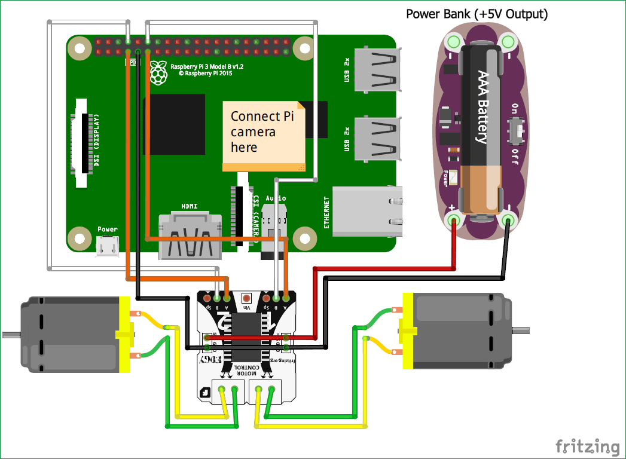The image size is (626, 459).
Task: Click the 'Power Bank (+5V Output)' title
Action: point(477,14)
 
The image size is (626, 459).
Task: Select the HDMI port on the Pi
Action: point(189,237)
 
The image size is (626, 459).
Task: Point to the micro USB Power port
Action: point(108,245)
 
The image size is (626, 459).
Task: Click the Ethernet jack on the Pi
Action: point(366,214)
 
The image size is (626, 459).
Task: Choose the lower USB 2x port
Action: point(376,139)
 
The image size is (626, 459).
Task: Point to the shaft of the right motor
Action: point(521,330)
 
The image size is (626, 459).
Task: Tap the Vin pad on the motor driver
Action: point(246,298)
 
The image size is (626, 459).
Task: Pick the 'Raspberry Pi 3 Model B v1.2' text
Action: point(207,67)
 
